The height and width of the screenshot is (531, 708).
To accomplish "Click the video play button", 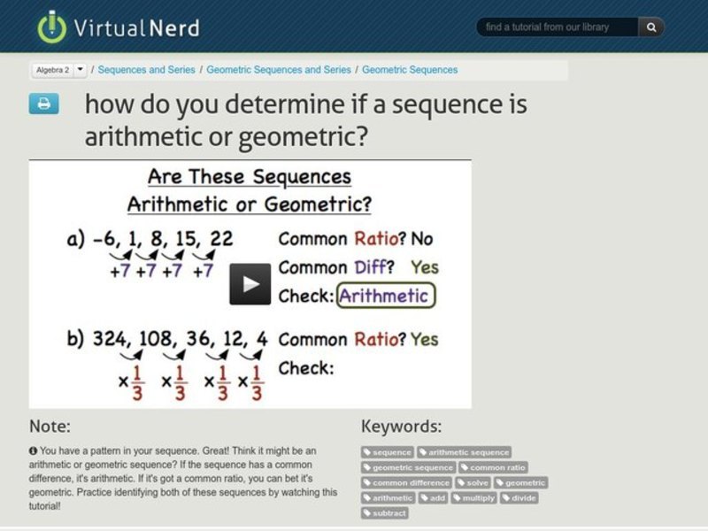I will pyautogui.click(x=250, y=283).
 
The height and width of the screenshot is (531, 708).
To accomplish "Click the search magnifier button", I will pyautogui.click(x=651, y=27).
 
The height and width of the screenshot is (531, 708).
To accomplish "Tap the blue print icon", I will pyautogui.click(x=44, y=104).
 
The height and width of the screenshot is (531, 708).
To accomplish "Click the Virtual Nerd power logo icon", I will pyautogui.click(x=52, y=27).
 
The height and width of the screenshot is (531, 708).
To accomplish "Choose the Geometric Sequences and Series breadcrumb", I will pyautogui.click(x=280, y=69).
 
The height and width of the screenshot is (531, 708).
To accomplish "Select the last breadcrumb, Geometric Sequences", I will pyautogui.click(x=410, y=69).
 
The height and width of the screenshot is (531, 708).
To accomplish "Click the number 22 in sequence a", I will pyautogui.click(x=222, y=238).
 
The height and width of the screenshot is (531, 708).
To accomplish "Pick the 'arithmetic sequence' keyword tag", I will pyautogui.click(x=465, y=452).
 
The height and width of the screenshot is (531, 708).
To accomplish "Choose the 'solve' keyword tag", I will pyautogui.click(x=474, y=482).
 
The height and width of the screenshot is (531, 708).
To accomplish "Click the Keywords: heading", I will pyautogui.click(x=401, y=426).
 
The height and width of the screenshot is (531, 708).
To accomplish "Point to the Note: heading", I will pyautogui.click(x=50, y=426).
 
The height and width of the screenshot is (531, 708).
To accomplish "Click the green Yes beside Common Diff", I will pyautogui.click(x=425, y=266).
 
